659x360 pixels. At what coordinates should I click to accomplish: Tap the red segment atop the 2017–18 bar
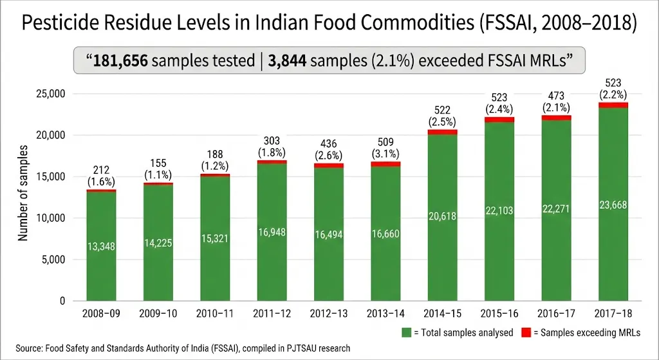tap(613, 105)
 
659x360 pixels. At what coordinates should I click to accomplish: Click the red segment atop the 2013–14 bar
tap(385, 164)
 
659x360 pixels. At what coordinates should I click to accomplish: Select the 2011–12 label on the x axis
tap(272, 314)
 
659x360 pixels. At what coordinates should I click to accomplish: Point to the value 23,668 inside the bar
tap(613, 205)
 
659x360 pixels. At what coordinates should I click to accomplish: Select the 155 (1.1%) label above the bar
tap(158, 169)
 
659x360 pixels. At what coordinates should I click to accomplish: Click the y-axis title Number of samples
tap(23, 193)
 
